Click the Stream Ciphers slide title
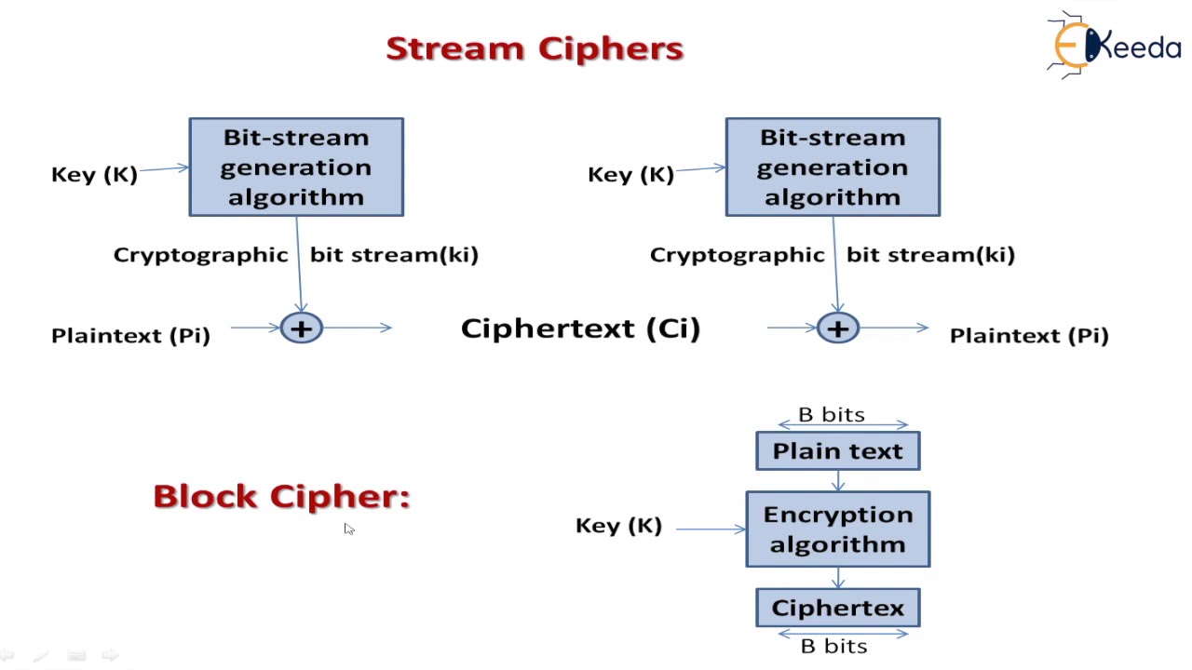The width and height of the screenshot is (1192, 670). (535, 48)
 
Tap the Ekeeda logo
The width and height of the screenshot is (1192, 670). (1113, 44)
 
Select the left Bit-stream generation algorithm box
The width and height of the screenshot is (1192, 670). (296, 167)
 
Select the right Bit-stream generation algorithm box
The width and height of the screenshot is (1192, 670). (833, 167)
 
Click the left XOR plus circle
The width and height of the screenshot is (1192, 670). (301, 328)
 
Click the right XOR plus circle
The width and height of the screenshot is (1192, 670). (837, 328)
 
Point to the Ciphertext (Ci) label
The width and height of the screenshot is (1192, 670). (580, 328)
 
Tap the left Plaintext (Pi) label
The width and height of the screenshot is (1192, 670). (130, 336)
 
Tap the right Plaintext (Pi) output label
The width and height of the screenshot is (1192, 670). (1029, 336)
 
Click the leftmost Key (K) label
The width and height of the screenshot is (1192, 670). (94, 174)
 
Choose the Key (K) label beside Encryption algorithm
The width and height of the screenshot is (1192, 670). (618, 526)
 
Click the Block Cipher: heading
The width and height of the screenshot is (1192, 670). (281, 496)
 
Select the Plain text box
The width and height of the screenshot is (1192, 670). (837, 451)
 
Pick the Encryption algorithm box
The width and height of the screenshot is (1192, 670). (837, 529)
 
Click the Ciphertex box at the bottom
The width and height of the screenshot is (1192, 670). (837, 609)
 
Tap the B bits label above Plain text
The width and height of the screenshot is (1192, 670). (832, 414)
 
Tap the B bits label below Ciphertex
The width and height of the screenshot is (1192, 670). (833, 646)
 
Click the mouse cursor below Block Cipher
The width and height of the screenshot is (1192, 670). (348, 529)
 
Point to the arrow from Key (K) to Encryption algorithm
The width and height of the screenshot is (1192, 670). (710, 529)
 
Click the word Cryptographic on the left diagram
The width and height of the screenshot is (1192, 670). (200, 255)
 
